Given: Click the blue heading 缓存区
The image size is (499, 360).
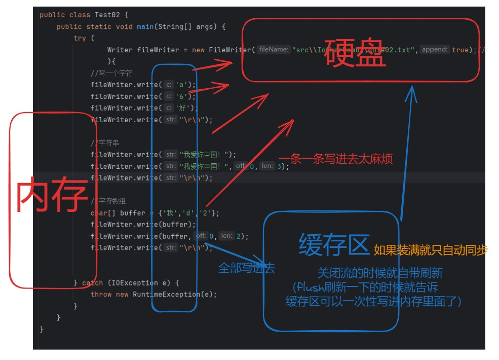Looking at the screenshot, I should click(334, 245).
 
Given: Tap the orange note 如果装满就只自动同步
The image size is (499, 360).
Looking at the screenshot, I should click(430, 250).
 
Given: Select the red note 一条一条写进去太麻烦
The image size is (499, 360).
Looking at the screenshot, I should click(335, 159).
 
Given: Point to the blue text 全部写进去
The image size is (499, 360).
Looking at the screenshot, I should click(246, 268).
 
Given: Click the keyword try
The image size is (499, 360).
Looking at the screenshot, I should click(80, 38).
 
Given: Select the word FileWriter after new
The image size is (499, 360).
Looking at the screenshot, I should click(229, 50).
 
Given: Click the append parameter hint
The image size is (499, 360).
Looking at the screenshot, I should click(435, 50).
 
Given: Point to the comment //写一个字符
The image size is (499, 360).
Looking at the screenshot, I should click(111, 73).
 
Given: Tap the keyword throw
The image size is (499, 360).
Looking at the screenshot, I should click(101, 295).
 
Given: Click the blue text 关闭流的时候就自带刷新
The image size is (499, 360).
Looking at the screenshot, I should click(380, 273).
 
